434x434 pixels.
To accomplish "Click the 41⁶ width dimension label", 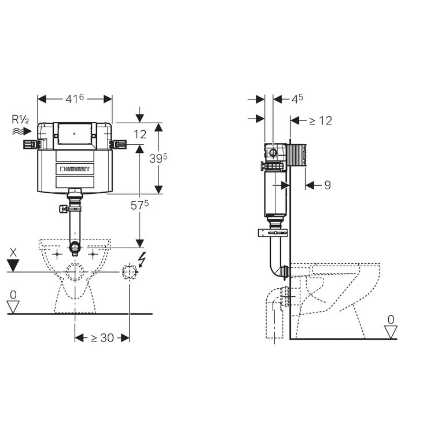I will [x=75, y=99].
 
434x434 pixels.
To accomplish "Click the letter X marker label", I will [x=13, y=252].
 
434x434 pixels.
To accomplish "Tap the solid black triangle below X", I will [x=13, y=266].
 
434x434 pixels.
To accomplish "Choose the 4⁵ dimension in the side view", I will [x=297, y=99].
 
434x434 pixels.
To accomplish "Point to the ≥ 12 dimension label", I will [x=320, y=120].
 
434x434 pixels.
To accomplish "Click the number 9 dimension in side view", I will [x=327, y=185].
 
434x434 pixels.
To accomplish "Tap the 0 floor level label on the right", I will [x=392, y=319].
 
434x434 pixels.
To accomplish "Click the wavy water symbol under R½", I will [x=20, y=132].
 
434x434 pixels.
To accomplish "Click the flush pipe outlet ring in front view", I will [x=74, y=248].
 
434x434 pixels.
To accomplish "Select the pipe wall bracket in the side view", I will [x=273, y=233].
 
